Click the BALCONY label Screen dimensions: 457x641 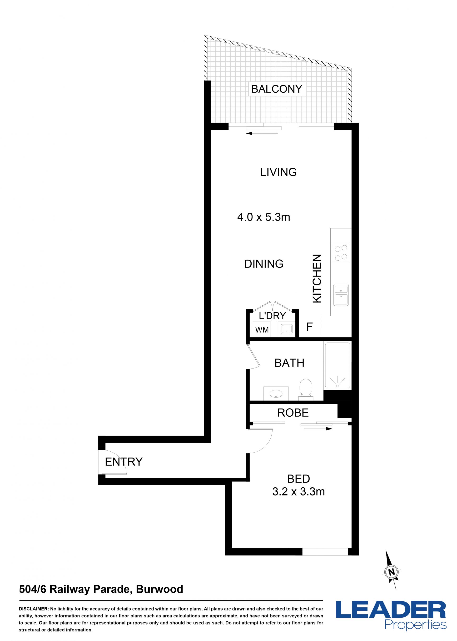pos(277,89)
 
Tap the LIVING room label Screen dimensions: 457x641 pos(278,172)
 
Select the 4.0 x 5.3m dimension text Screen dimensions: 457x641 pos(264,217)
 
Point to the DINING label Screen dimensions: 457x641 pos(264,264)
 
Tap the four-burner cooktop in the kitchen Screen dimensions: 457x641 pos(341,253)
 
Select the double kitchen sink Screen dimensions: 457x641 pos(341,295)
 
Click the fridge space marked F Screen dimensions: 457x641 pos(309,327)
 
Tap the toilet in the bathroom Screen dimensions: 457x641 pos(306,389)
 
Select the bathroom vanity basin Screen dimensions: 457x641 pos(276,393)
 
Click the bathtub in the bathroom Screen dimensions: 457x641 pos(338,366)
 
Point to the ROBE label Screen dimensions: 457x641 pos(293,413)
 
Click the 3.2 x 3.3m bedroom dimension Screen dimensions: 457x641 pos(298,491)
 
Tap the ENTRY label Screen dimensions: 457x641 pos(124,462)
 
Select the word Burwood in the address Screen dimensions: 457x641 pos(159,589)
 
